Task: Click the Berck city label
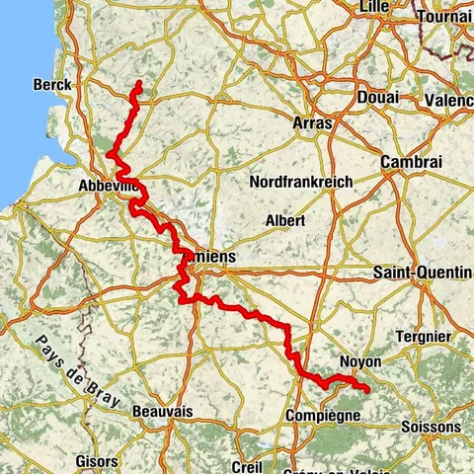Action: [52, 85]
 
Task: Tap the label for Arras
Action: [313, 122]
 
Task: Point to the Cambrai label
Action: [413, 162]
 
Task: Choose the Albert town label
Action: [285, 220]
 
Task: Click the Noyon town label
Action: [359, 362]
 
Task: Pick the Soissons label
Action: [432, 426]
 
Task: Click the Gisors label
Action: [96, 461]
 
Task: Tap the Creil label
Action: [244, 466]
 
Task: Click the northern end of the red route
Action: [139, 82]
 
